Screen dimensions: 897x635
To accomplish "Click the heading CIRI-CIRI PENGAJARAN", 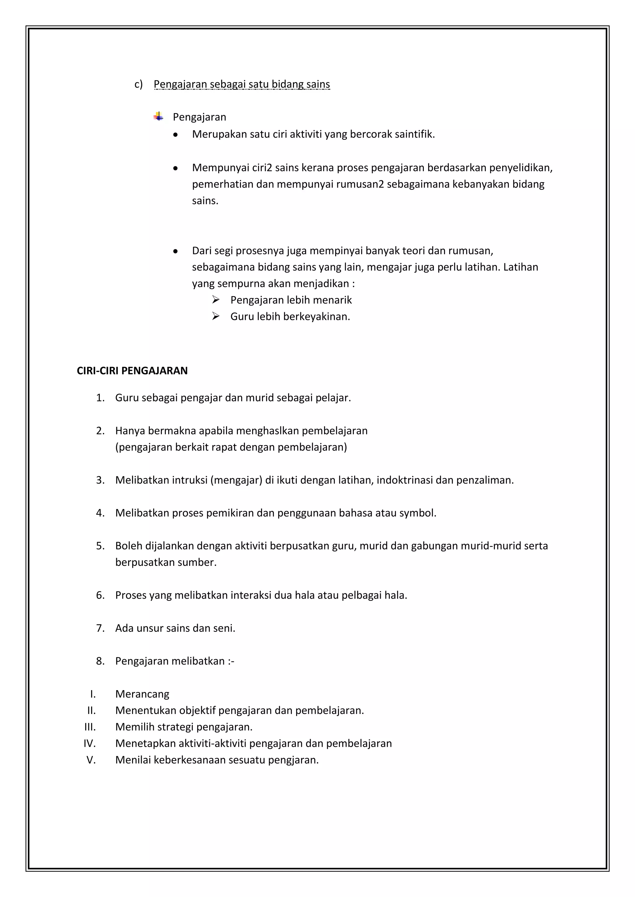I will [132, 371].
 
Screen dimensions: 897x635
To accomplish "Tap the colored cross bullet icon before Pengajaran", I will [158, 116].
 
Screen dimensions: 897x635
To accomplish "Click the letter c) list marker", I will [138, 84].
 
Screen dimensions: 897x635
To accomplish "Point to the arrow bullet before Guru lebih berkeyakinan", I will [216, 316].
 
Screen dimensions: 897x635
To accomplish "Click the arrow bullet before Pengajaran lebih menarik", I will [216, 300].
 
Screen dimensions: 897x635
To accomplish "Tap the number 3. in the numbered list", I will [100, 480].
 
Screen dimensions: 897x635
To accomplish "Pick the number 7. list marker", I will [100, 628].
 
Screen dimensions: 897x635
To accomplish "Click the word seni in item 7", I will [226, 628].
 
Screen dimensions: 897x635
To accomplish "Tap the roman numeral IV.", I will [90, 743].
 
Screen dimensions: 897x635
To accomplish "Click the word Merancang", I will [142, 694].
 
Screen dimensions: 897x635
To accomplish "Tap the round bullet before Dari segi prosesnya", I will [175, 251].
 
